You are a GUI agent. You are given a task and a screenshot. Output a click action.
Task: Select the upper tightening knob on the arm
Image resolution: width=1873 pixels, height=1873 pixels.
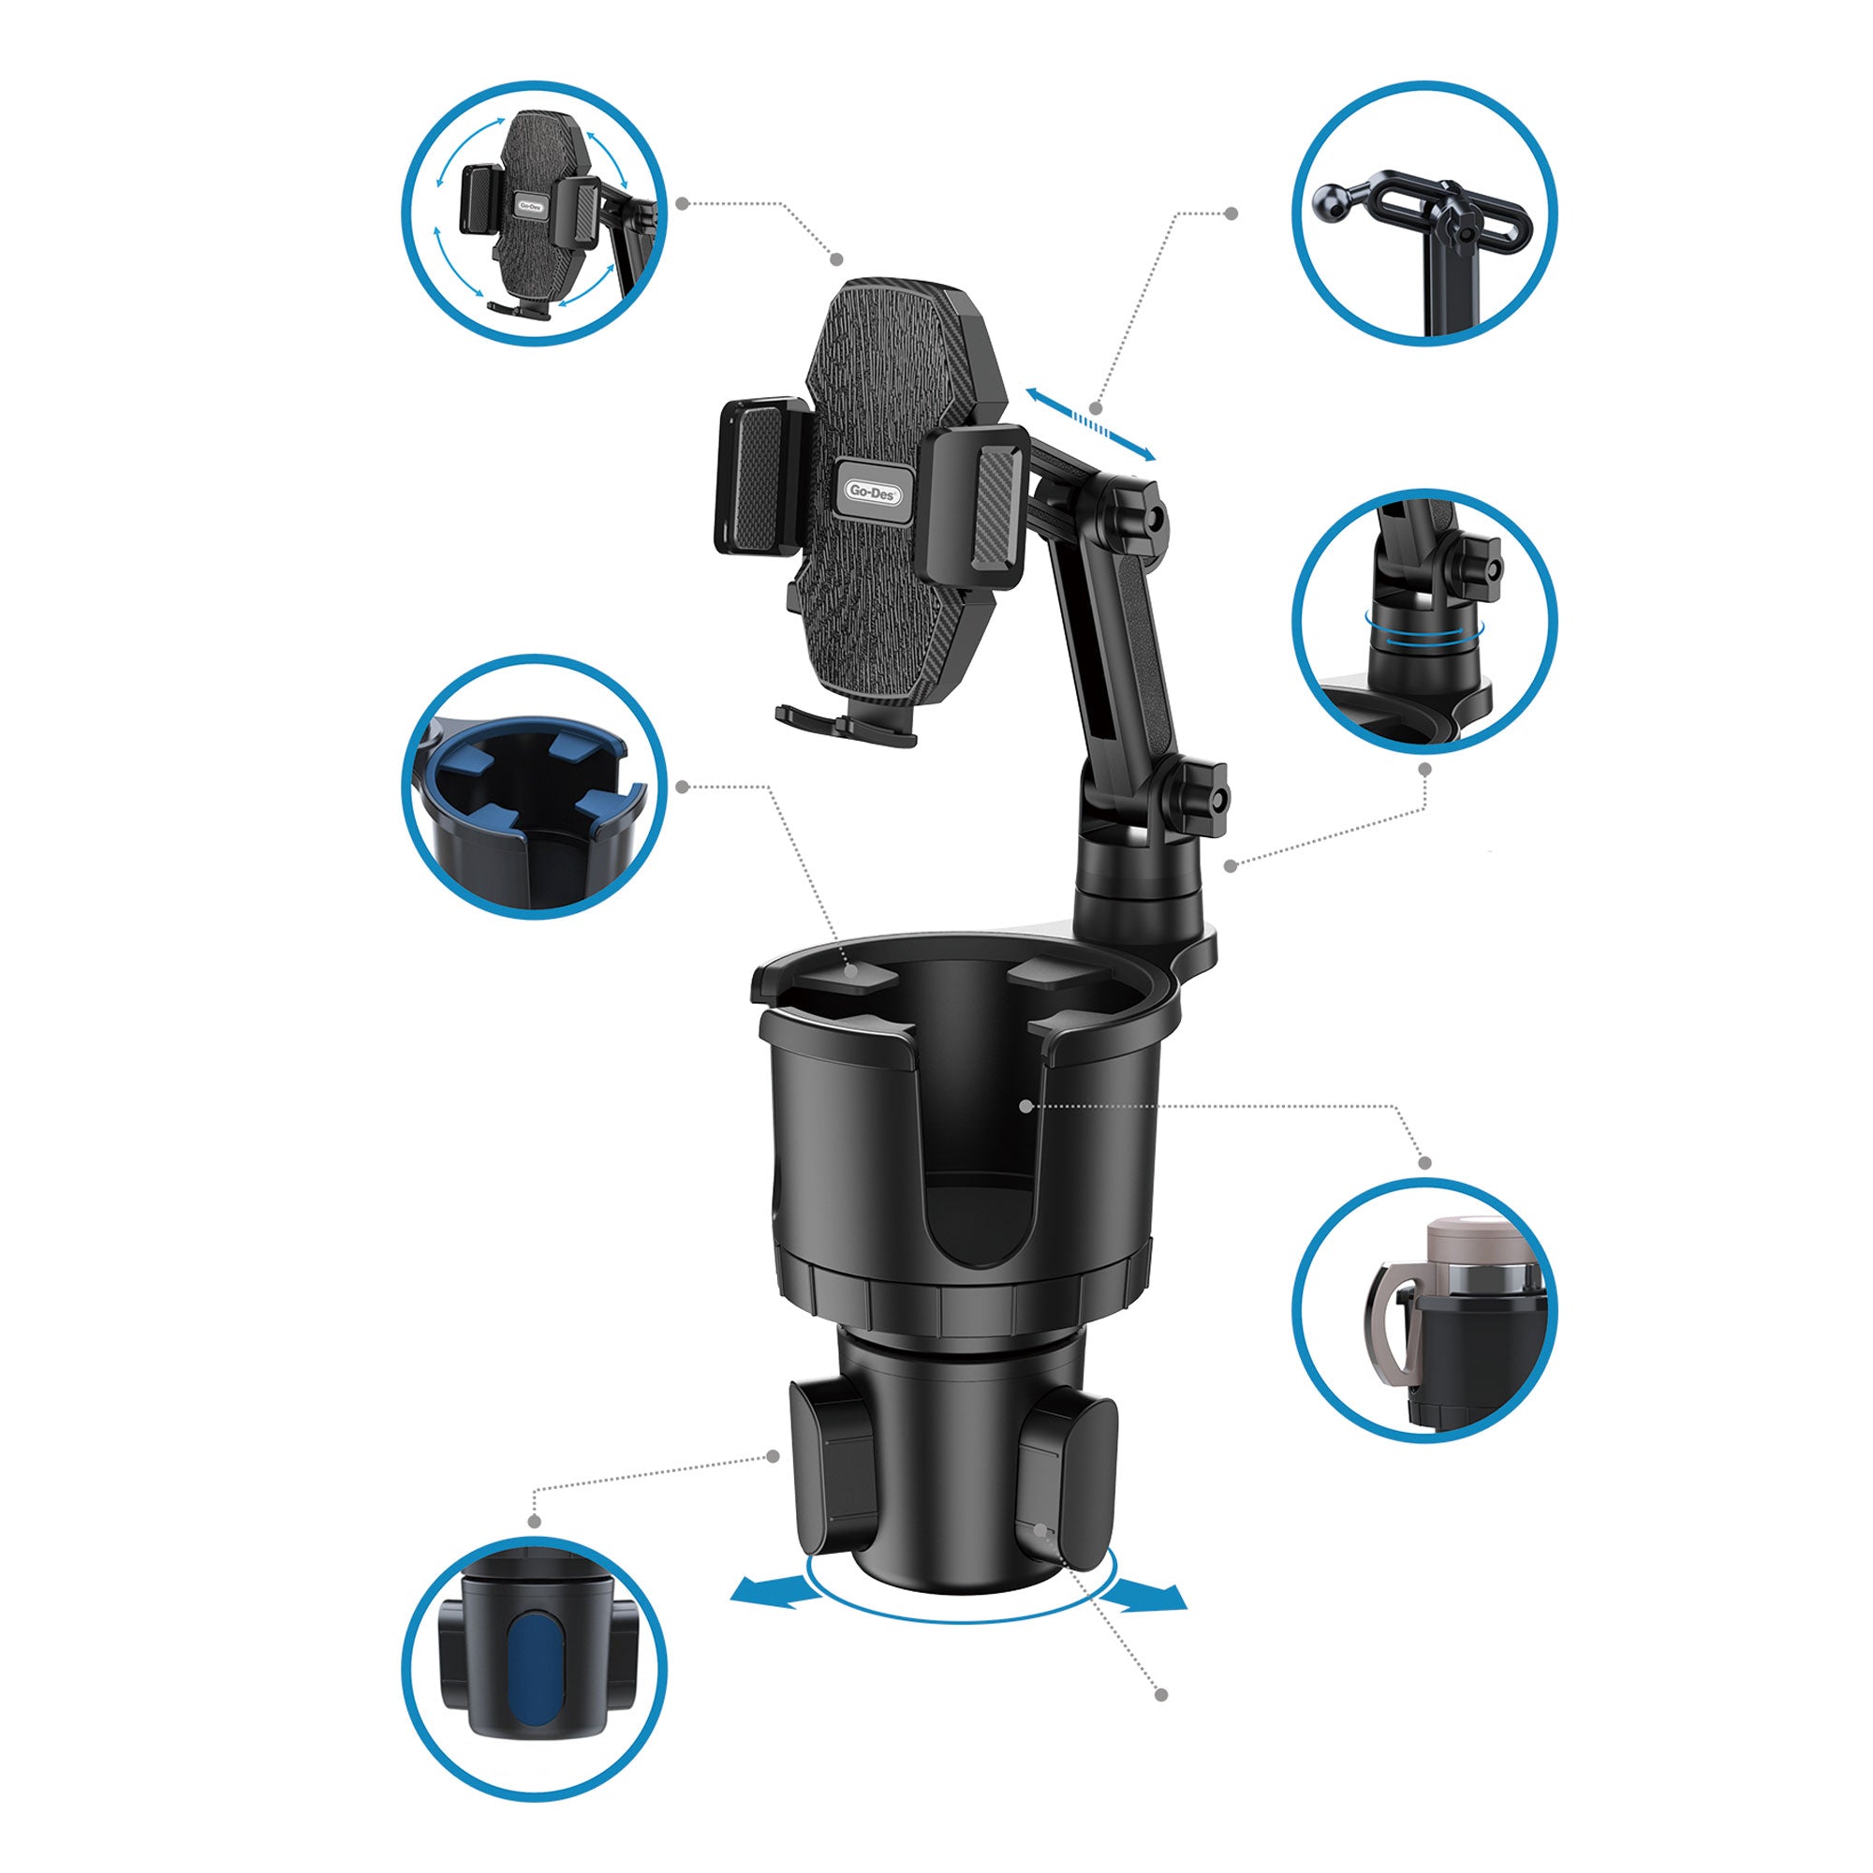1135,516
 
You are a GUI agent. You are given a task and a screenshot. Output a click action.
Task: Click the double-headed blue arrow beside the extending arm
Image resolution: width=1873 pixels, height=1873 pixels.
1092,424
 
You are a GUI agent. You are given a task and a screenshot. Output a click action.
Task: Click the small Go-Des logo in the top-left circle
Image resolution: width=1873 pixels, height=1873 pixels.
530,205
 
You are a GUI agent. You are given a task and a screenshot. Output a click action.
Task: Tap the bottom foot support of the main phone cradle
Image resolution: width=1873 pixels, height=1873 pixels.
846,723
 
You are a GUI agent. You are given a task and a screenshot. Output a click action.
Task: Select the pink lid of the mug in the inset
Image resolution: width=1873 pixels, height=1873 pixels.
1462,1245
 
